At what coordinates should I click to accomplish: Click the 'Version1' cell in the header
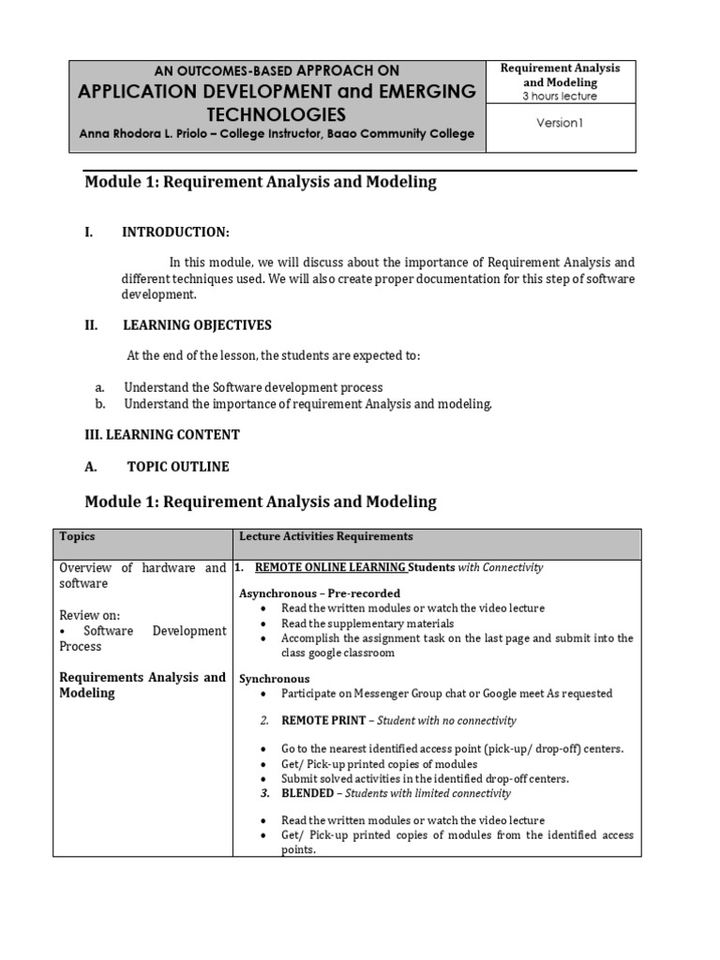pyautogui.click(x=560, y=123)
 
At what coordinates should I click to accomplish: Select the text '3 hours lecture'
pyautogui.click(x=560, y=96)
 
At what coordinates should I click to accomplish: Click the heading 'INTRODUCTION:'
pyautogui.click(x=175, y=232)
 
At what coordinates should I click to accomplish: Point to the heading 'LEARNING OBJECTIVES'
pyautogui.click(x=197, y=325)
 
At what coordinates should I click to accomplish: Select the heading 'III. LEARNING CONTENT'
pyautogui.click(x=162, y=435)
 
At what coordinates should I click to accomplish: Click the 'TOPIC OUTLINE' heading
pyautogui.click(x=178, y=467)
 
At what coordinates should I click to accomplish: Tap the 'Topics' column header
pyautogui.click(x=77, y=537)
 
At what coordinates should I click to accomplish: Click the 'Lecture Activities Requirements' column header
pyautogui.click(x=325, y=537)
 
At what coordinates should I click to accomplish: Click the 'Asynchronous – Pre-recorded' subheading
pyautogui.click(x=320, y=593)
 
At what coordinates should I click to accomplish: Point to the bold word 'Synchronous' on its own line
pyautogui.click(x=274, y=679)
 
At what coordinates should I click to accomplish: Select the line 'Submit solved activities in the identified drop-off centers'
pyautogui.click(x=425, y=779)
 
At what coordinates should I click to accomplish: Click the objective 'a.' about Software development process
pyautogui.click(x=253, y=387)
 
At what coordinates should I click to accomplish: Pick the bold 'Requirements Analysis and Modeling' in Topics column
pyautogui.click(x=142, y=685)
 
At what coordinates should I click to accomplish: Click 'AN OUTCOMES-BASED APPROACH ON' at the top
pyautogui.click(x=277, y=71)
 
